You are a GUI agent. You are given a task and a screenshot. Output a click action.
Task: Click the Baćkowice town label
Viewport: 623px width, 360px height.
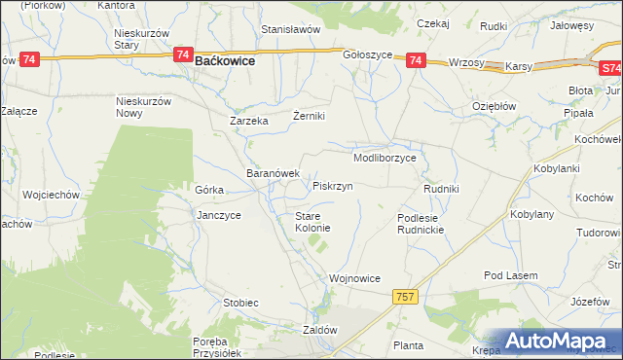coord(226,60)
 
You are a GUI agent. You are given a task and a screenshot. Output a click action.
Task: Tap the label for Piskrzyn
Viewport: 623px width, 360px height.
coord(332,185)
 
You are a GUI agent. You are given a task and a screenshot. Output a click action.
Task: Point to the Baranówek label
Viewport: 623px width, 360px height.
coord(273,173)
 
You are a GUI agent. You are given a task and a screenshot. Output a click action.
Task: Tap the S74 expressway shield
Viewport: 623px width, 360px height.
coord(609,69)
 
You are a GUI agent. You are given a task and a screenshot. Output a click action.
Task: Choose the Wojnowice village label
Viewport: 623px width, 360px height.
coord(354,278)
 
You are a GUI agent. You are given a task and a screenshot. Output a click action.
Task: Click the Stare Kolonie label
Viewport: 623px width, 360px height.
coord(313,222)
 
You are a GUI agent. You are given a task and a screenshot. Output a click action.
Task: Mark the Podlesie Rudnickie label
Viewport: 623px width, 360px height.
coord(421,224)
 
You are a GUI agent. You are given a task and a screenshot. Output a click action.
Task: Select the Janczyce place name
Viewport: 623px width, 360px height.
coord(218,215)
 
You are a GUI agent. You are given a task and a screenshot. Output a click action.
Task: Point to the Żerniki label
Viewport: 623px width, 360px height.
coord(309,116)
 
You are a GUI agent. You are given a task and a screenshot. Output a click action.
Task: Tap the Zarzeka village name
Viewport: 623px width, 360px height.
coord(248,122)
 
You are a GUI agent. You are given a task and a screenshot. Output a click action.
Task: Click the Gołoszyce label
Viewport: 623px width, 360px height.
coord(367,55)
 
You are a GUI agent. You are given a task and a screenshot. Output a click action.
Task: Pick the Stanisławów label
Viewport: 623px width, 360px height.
coord(290,29)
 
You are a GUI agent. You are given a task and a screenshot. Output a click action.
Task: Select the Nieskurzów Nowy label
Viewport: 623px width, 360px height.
coord(143,107)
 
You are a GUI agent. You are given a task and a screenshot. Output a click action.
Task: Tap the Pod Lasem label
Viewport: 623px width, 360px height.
coord(511,276)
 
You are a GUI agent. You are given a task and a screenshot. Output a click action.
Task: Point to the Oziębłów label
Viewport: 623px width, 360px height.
coord(494,106)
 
